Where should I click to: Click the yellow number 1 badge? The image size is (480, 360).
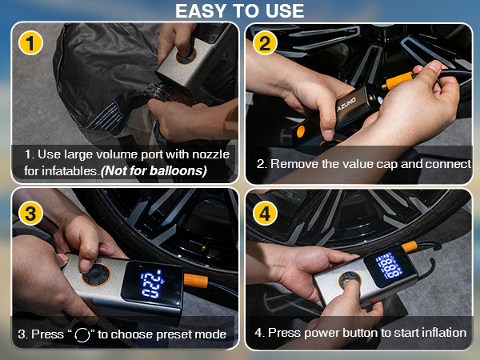[x=30, y=43]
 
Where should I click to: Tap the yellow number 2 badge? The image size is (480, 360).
[x=265, y=43]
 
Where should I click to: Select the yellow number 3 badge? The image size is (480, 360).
[x=30, y=213]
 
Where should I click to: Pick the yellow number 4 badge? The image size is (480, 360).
[x=265, y=213]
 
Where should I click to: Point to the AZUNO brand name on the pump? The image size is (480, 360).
[x=346, y=104]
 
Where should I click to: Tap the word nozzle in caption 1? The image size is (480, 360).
[x=210, y=154]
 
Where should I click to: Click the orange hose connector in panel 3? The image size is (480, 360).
[x=196, y=281]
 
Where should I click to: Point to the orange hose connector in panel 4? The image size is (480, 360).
[x=410, y=246]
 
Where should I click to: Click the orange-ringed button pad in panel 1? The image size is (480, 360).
[x=186, y=55]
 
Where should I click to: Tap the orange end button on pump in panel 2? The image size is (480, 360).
[x=301, y=131]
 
